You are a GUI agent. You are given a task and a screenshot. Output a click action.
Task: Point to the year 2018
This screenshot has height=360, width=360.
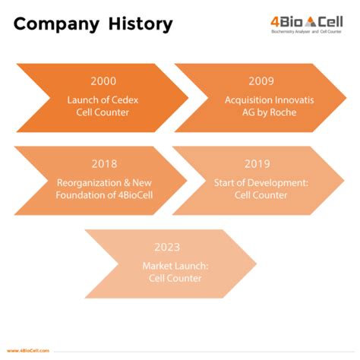[x=103, y=163]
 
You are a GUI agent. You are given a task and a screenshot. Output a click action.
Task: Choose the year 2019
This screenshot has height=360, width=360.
[x=258, y=163]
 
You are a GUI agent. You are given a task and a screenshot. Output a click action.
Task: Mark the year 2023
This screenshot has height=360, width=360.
[x=167, y=248]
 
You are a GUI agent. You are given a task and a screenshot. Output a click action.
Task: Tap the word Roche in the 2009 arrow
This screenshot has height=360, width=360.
[x=277, y=113]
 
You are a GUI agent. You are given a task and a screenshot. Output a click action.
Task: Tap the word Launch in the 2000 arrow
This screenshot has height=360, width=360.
[x=79, y=99]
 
